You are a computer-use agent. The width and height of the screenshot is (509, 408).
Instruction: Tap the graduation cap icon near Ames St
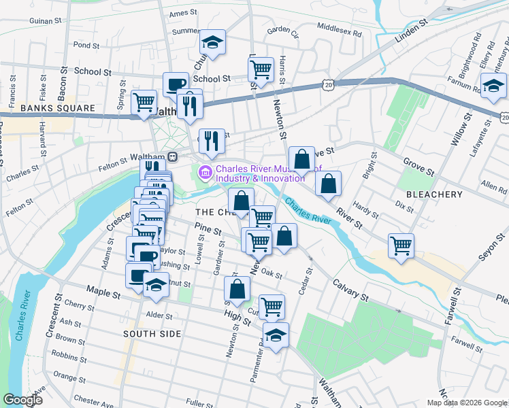tap(212, 43)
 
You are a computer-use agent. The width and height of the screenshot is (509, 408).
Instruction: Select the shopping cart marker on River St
tap(401, 245)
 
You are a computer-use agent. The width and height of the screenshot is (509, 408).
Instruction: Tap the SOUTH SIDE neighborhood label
tap(152, 334)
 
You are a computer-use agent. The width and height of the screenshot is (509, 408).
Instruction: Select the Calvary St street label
tap(350, 290)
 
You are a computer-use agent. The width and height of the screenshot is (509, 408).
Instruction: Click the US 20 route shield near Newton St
tap(329, 84)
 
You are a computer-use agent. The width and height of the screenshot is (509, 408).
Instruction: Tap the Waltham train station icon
tap(173, 156)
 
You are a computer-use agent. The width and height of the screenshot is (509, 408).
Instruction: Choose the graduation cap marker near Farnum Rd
tap(493, 86)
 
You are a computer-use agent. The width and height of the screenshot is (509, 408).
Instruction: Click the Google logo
tap(22, 399)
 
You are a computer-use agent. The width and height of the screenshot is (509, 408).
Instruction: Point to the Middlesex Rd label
tap(340, 28)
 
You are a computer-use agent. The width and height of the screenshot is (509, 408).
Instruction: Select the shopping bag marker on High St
tap(236, 289)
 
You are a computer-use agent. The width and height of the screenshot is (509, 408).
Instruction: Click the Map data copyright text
tap(466, 403)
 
